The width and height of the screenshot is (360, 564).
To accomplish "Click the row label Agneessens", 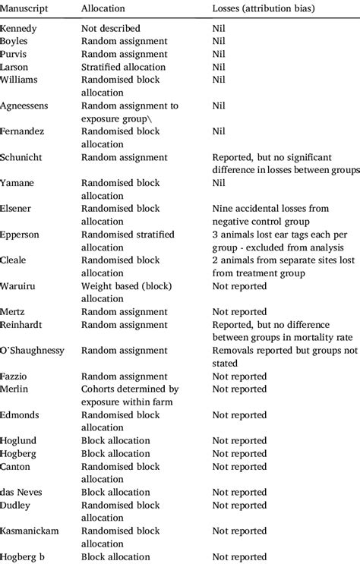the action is pos(27,106).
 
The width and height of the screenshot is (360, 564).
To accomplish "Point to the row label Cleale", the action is pos(17,260).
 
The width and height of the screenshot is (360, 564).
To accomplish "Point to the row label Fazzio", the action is pos(18,377).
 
